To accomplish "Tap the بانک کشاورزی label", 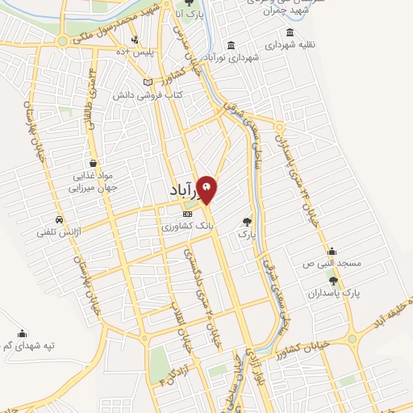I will point(187,228).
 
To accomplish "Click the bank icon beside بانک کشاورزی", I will point(187,215).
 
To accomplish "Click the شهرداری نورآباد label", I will point(235,58).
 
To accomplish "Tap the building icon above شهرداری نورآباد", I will point(232,44).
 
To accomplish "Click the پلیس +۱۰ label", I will point(135,52).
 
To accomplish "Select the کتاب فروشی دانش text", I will point(152,95).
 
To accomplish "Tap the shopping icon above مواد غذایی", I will point(95,161).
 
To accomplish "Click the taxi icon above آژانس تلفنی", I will point(60,219).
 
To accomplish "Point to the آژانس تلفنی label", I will point(54,232).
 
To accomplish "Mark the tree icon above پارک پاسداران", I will point(332,280).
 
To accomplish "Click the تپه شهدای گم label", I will point(28,346).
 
